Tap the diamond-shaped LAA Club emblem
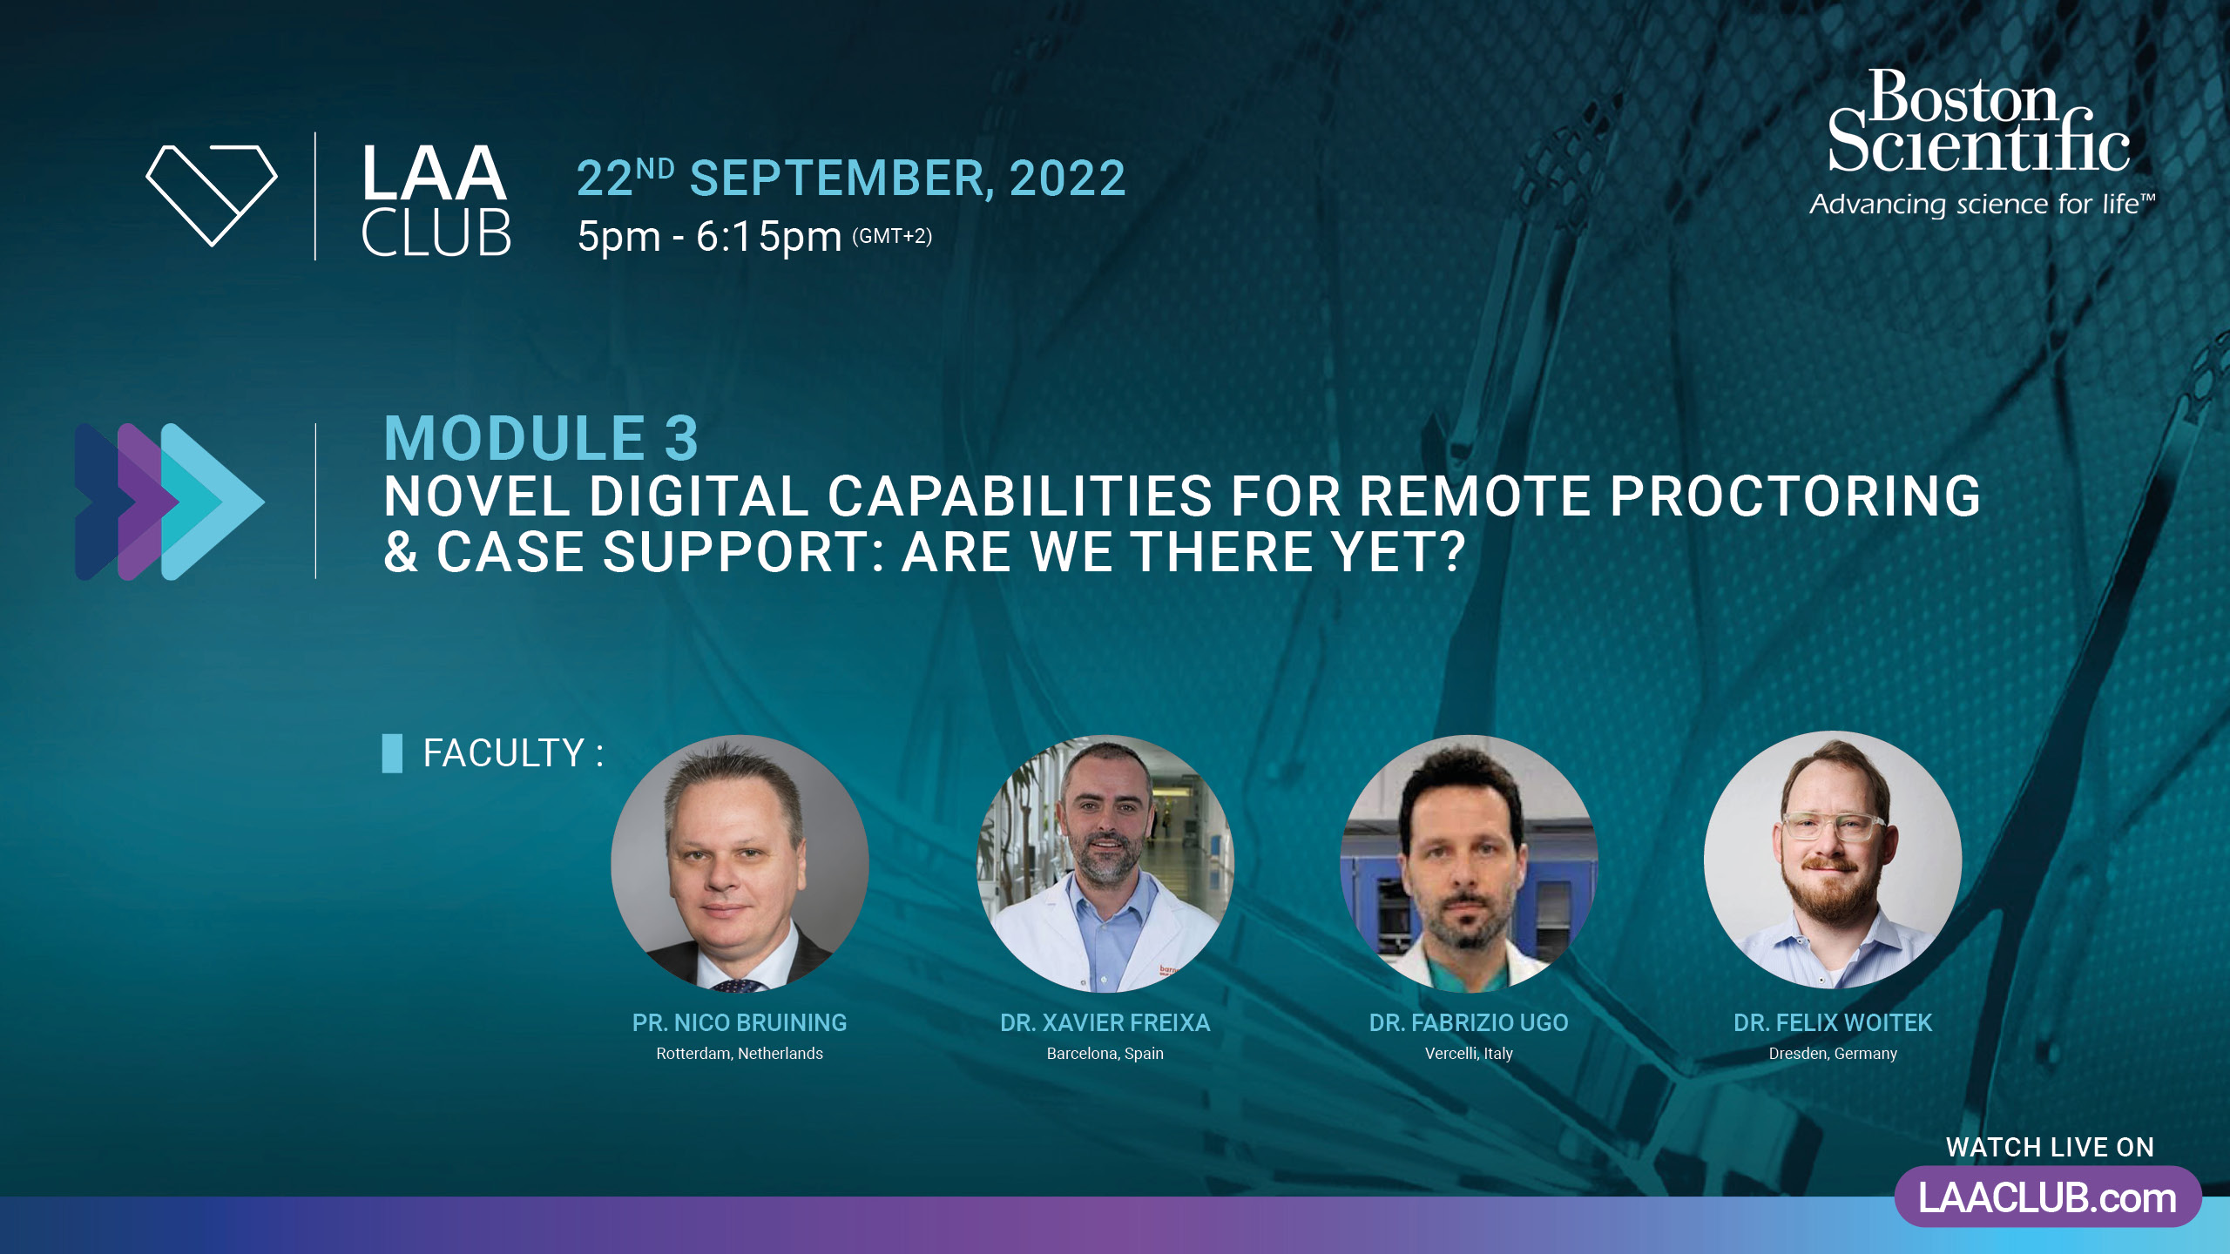tap(212, 196)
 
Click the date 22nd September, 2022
tap(851, 179)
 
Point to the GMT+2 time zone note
tap(892, 236)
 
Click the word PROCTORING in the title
tap(1795, 496)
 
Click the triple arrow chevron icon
tap(170, 502)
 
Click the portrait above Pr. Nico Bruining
tap(740, 863)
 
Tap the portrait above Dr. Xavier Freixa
tap(1105, 863)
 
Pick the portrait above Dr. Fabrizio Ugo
tap(1469, 863)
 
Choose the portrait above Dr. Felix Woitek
tap(1833, 860)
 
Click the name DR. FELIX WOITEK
tap(1833, 1022)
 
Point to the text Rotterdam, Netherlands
tap(740, 1054)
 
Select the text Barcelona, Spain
tap(1105, 1054)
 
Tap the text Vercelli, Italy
tap(1469, 1054)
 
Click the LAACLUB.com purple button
tap(2048, 1197)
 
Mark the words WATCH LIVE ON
tap(2050, 1148)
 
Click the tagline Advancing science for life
tap(1983, 205)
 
